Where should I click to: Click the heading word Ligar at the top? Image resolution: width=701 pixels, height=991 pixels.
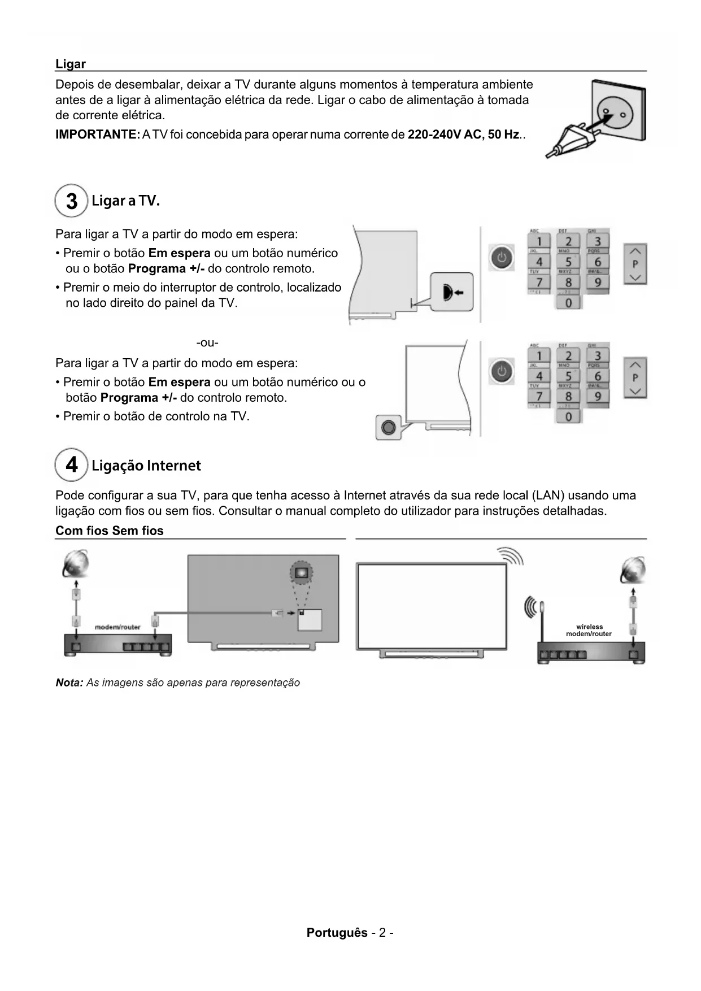point(71,64)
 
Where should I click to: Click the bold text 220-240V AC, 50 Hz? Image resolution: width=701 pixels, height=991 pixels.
point(463,134)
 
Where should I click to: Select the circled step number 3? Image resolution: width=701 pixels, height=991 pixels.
point(71,201)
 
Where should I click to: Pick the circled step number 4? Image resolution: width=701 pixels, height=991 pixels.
point(71,465)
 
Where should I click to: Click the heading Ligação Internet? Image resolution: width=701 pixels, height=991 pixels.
point(146,466)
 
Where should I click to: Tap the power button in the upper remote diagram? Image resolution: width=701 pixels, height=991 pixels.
point(501,258)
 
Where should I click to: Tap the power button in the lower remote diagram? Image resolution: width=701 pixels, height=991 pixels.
point(501,371)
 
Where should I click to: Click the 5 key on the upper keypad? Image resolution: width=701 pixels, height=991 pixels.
point(568,262)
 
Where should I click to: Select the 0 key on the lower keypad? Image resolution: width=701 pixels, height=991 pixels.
point(568,416)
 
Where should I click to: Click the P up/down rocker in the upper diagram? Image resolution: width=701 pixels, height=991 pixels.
point(635,264)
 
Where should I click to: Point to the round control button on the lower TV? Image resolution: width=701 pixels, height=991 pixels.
point(388,427)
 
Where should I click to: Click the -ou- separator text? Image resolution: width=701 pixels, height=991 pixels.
point(207,343)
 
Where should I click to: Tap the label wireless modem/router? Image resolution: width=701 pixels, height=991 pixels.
point(589,631)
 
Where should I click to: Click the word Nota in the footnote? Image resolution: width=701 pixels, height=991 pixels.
point(69,683)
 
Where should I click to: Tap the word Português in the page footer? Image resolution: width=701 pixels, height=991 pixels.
point(337,932)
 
